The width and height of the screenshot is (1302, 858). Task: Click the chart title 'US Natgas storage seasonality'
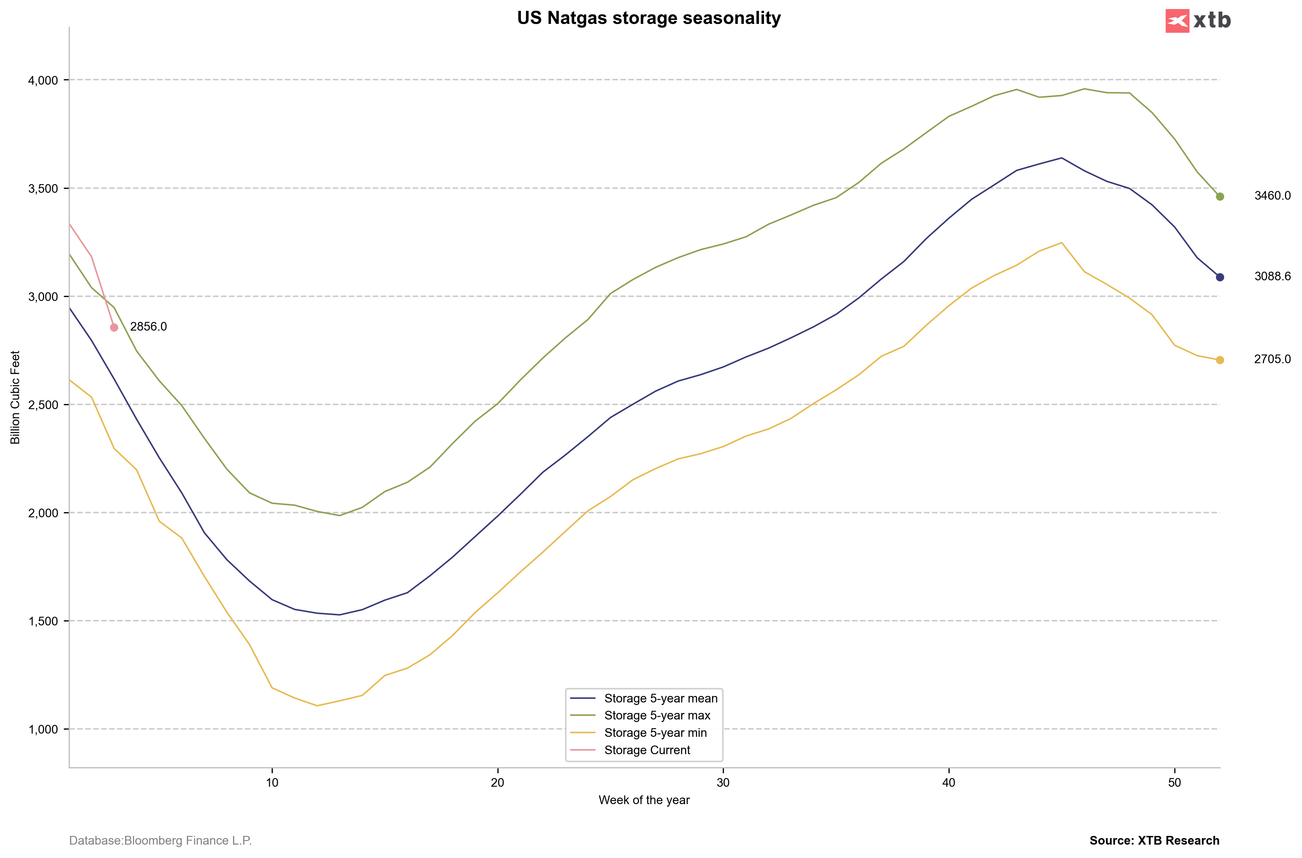(x=649, y=18)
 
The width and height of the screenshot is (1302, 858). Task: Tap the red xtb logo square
(x=1177, y=21)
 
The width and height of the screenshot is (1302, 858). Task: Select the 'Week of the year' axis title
(x=644, y=800)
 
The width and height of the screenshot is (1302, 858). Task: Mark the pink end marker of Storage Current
(x=114, y=327)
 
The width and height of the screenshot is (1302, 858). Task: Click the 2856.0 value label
(x=148, y=327)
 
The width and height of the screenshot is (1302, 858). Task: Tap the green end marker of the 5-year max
(x=1220, y=196)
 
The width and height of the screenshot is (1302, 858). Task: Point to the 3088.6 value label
(x=1272, y=276)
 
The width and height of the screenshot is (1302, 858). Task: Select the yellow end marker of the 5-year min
(x=1220, y=360)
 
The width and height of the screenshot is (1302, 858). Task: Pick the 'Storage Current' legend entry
(x=647, y=750)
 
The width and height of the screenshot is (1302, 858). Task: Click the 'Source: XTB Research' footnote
(x=1154, y=841)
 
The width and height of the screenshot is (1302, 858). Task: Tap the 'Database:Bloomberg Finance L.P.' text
(x=160, y=841)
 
